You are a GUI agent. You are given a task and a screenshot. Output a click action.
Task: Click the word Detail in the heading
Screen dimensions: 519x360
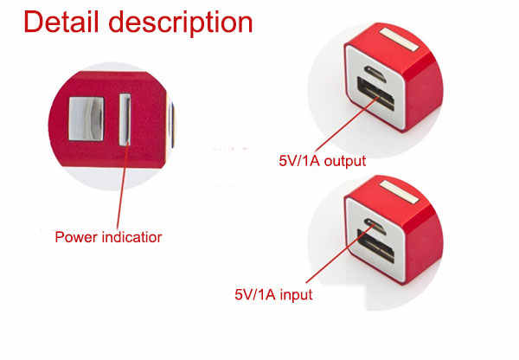click(x=61, y=22)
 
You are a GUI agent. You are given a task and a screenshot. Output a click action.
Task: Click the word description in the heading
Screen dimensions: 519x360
click(x=181, y=23)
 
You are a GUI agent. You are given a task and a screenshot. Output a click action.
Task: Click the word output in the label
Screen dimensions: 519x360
click(x=345, y=161)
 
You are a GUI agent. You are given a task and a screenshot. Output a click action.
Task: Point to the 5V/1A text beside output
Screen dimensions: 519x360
click(x=299, y=161)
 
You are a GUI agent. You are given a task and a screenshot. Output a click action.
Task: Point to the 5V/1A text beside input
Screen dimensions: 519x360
click(x=255, y=294)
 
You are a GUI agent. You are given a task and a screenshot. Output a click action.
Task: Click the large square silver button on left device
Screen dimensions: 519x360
click(x=86, y=119)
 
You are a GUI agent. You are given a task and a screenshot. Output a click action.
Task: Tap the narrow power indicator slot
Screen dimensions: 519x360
click(x=125, y=119)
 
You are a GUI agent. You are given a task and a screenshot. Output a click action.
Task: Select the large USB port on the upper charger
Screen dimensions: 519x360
click(x=376, y=93)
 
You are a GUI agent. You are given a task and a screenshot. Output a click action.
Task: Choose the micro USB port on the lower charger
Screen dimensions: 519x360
click(x=375, y=226)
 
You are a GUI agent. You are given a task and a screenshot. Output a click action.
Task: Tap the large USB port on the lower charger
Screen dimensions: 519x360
click(x=376, y=246)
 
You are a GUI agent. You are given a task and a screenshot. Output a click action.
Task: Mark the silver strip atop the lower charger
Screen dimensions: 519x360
click(x=400, y=192)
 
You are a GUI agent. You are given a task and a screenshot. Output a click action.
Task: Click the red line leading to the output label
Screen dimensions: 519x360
click(x=349, y=125)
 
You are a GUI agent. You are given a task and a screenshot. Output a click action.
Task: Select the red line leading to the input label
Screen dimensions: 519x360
click(x=342, y=253)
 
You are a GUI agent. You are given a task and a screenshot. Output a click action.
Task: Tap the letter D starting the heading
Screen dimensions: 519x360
click(x=33, y=22)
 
